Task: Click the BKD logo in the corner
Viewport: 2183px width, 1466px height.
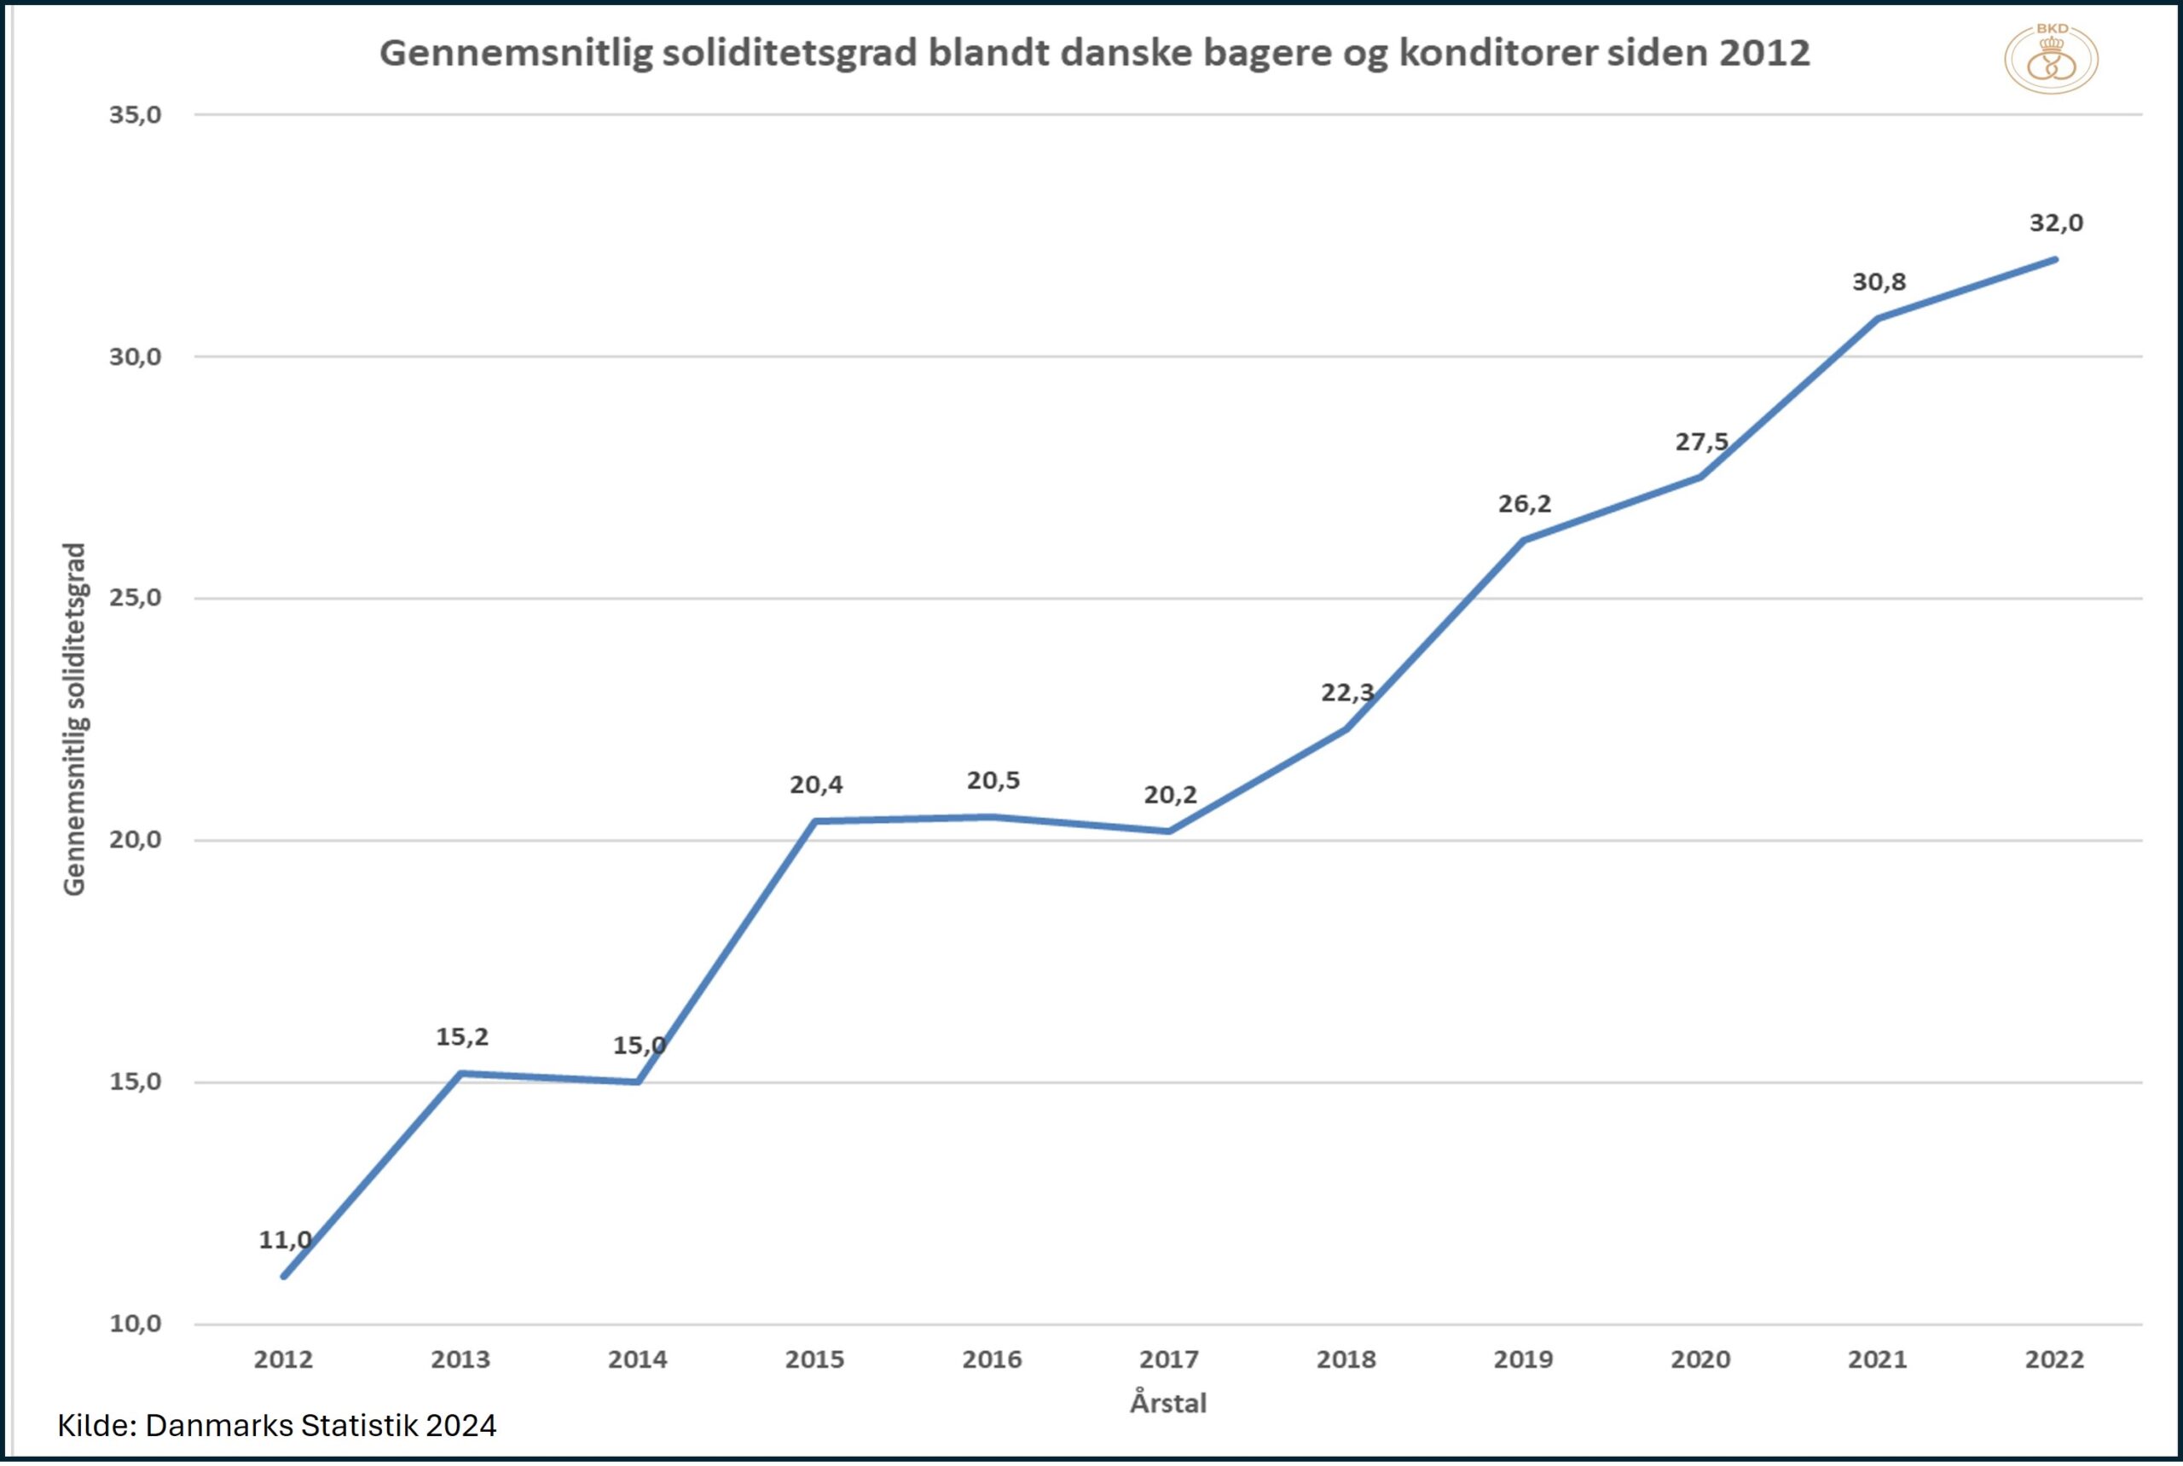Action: pyautogui.click(x=2050, y=58)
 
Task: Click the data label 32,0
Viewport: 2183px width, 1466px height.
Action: pyautogui.click(x=2056, y=223)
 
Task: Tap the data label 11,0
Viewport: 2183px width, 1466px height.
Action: pyautogui.click(x=285, y=1240)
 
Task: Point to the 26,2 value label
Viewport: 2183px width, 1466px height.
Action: pyautogui.click(x=1524, y=504)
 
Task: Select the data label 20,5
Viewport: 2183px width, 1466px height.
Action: pyautogui.click(x=993, y=780)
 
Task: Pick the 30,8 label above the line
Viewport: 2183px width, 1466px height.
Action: pyautogui.click(x=1879, y=282)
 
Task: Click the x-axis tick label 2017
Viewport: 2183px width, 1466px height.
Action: pyautogui.click(x=1168, y=1359)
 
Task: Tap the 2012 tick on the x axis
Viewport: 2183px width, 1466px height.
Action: pyautogui.click(x=283, y=1359)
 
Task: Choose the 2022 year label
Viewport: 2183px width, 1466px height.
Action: pyautogui.click(x=2055, y=1359)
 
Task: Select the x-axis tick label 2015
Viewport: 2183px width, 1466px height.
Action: pyautogui.click(x=814, y=1359)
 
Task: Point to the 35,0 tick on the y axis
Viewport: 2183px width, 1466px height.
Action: pyautogui.click(x=136, y=115)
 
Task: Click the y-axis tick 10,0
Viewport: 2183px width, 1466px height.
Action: pyautogui.click(x=136, y=1324)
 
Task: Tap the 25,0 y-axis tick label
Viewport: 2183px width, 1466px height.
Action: pyautogui.click(x=136, y=599)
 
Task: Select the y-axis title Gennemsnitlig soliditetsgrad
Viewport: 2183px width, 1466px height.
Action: pyautogui.click(x=75, y=720)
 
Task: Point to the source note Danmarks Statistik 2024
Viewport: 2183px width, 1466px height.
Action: pyautogui.click(x=321, y=1425)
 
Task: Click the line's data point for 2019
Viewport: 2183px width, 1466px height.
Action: pyautogui.click(x=1523, y=541)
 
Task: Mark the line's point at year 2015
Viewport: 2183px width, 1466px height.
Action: pyautogui.click(x=814, y=822)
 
